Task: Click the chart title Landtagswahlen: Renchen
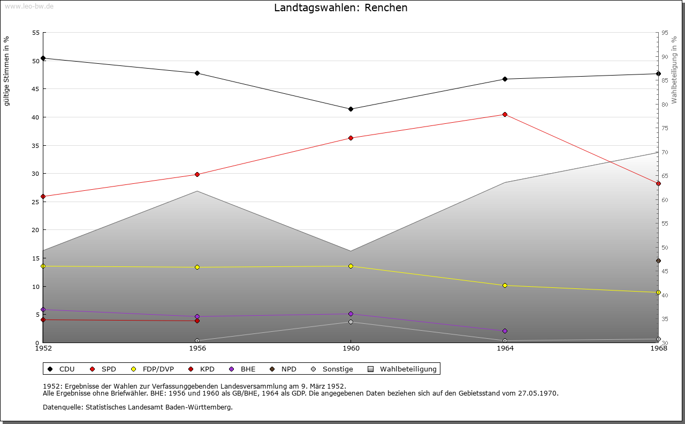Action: point(340,8)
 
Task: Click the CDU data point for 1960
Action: point(351,109)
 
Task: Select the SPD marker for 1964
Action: point(505,114)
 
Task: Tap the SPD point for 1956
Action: point(197,174)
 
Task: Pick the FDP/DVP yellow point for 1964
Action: point(505,285)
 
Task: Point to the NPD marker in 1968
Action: point(658,261)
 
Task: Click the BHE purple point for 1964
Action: point(505,331)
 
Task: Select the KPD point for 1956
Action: point(197,321)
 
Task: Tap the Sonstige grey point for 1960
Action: point(351,322)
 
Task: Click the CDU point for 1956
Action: point(197,73)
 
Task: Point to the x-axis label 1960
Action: point(351,348)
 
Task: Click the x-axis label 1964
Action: point(505,348)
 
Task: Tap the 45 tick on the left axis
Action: point(36,89)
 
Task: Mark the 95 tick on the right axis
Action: point(664,33)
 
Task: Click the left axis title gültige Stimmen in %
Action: point(7,71)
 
